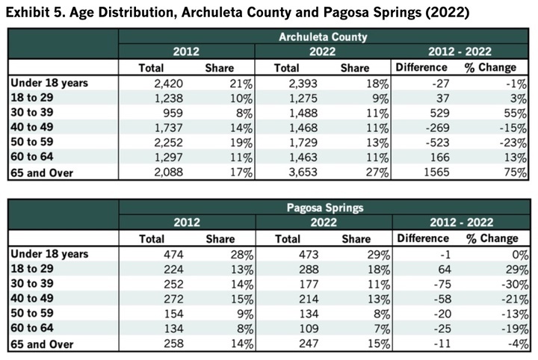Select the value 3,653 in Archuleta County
pos(312,172)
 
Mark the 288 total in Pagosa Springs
pos(317,269)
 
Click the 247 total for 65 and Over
pos(317,343)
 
